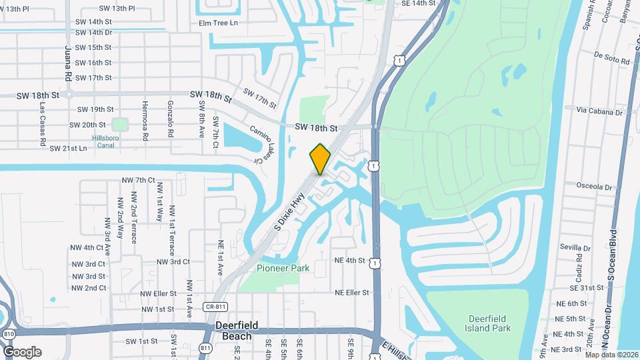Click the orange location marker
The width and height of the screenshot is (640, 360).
point(320,159)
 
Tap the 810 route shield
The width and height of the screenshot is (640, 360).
point(9,333)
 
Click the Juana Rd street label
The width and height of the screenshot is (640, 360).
point(68,63)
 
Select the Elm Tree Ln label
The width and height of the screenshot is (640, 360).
point(218,23)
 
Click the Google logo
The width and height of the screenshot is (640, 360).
point(22,351)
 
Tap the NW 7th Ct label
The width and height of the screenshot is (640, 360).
point(139,180)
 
